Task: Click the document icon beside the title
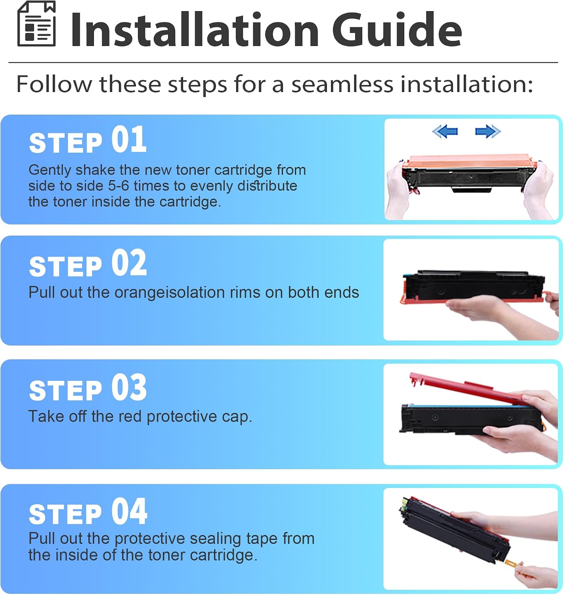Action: pyautogui.click(x=36, y=24)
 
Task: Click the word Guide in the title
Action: pyautogui.click(x=397, y=30)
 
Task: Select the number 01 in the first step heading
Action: pyautogui.click(x=129, y=140)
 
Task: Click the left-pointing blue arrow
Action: pyautogui.click(x=445, y=132)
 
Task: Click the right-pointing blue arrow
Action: pyautogui.click(x=488, y=132)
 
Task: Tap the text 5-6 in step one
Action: pyautogui.click(x=119, y=186)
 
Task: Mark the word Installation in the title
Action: pyautogui.click(x=195, y=30)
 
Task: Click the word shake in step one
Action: pyautogui.click(x=95, y=170)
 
